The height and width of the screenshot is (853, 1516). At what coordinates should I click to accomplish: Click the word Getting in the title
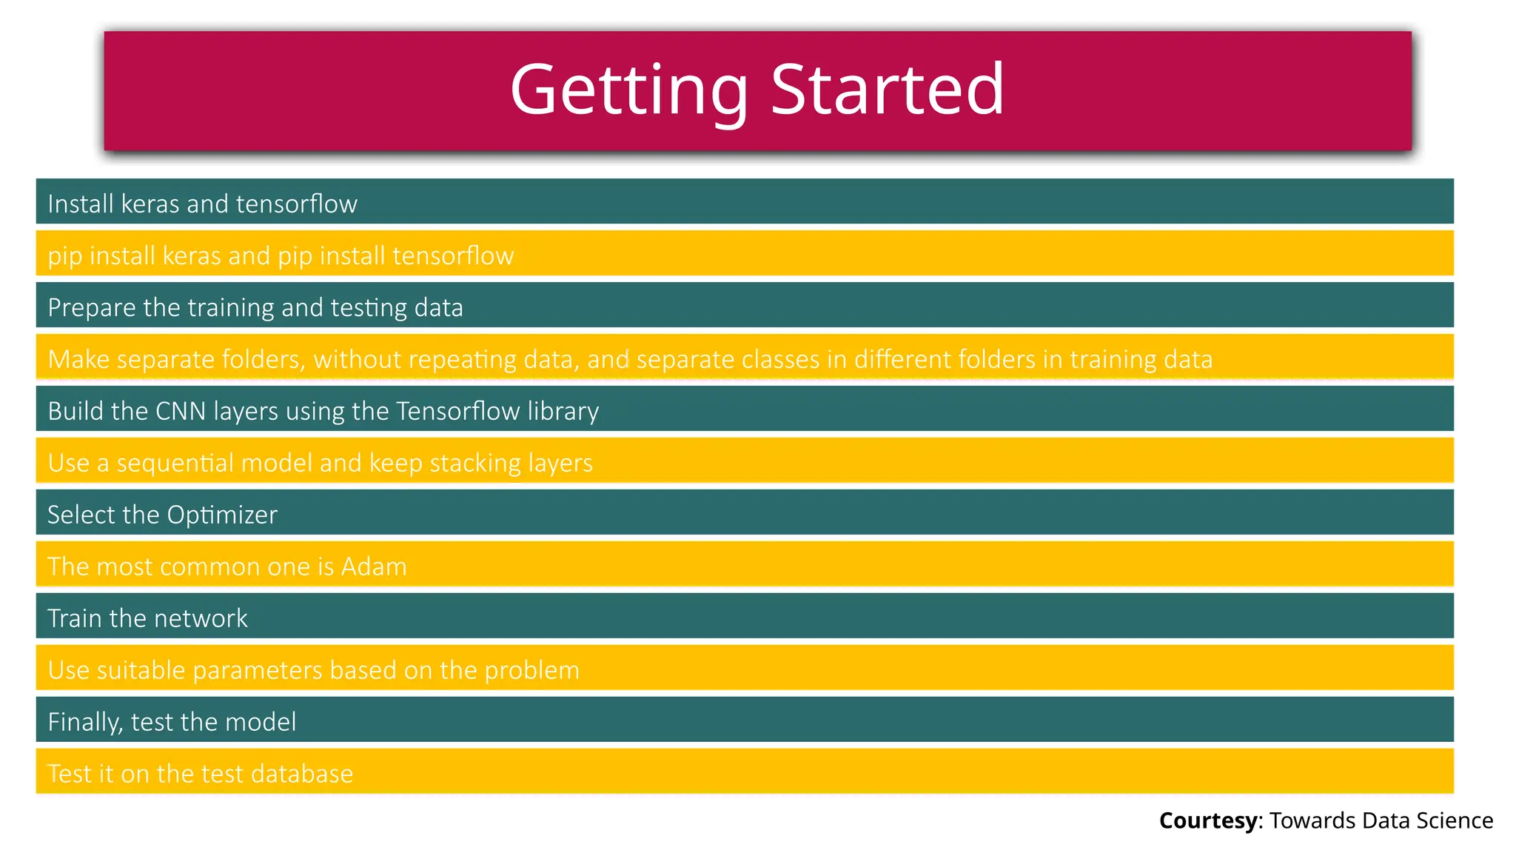(x=629, y=90)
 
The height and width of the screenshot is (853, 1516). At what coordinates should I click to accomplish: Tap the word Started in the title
(x=888, y=90)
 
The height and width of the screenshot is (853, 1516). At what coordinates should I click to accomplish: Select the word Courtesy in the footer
(x=1207, y=820)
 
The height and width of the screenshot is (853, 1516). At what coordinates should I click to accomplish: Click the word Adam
(x=374, y=566)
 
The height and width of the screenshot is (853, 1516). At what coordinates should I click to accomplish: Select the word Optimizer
(x=222, y=515)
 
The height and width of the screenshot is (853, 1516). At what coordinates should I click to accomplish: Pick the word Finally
(x=84, y=722)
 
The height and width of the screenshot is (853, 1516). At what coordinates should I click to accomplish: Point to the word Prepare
(x=92, y=307)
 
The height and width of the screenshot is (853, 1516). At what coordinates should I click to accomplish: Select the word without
(x=357, y=359)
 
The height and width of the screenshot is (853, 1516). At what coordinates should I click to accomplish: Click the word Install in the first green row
(x=80, y=204)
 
